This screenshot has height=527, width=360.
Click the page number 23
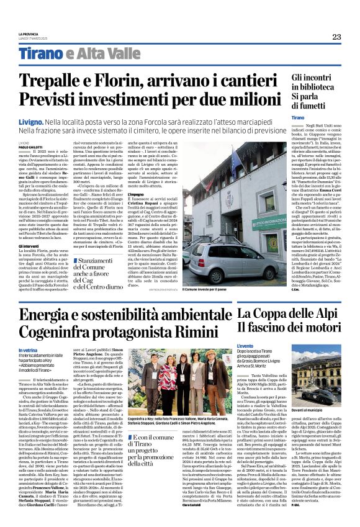(x=336, y=37)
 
